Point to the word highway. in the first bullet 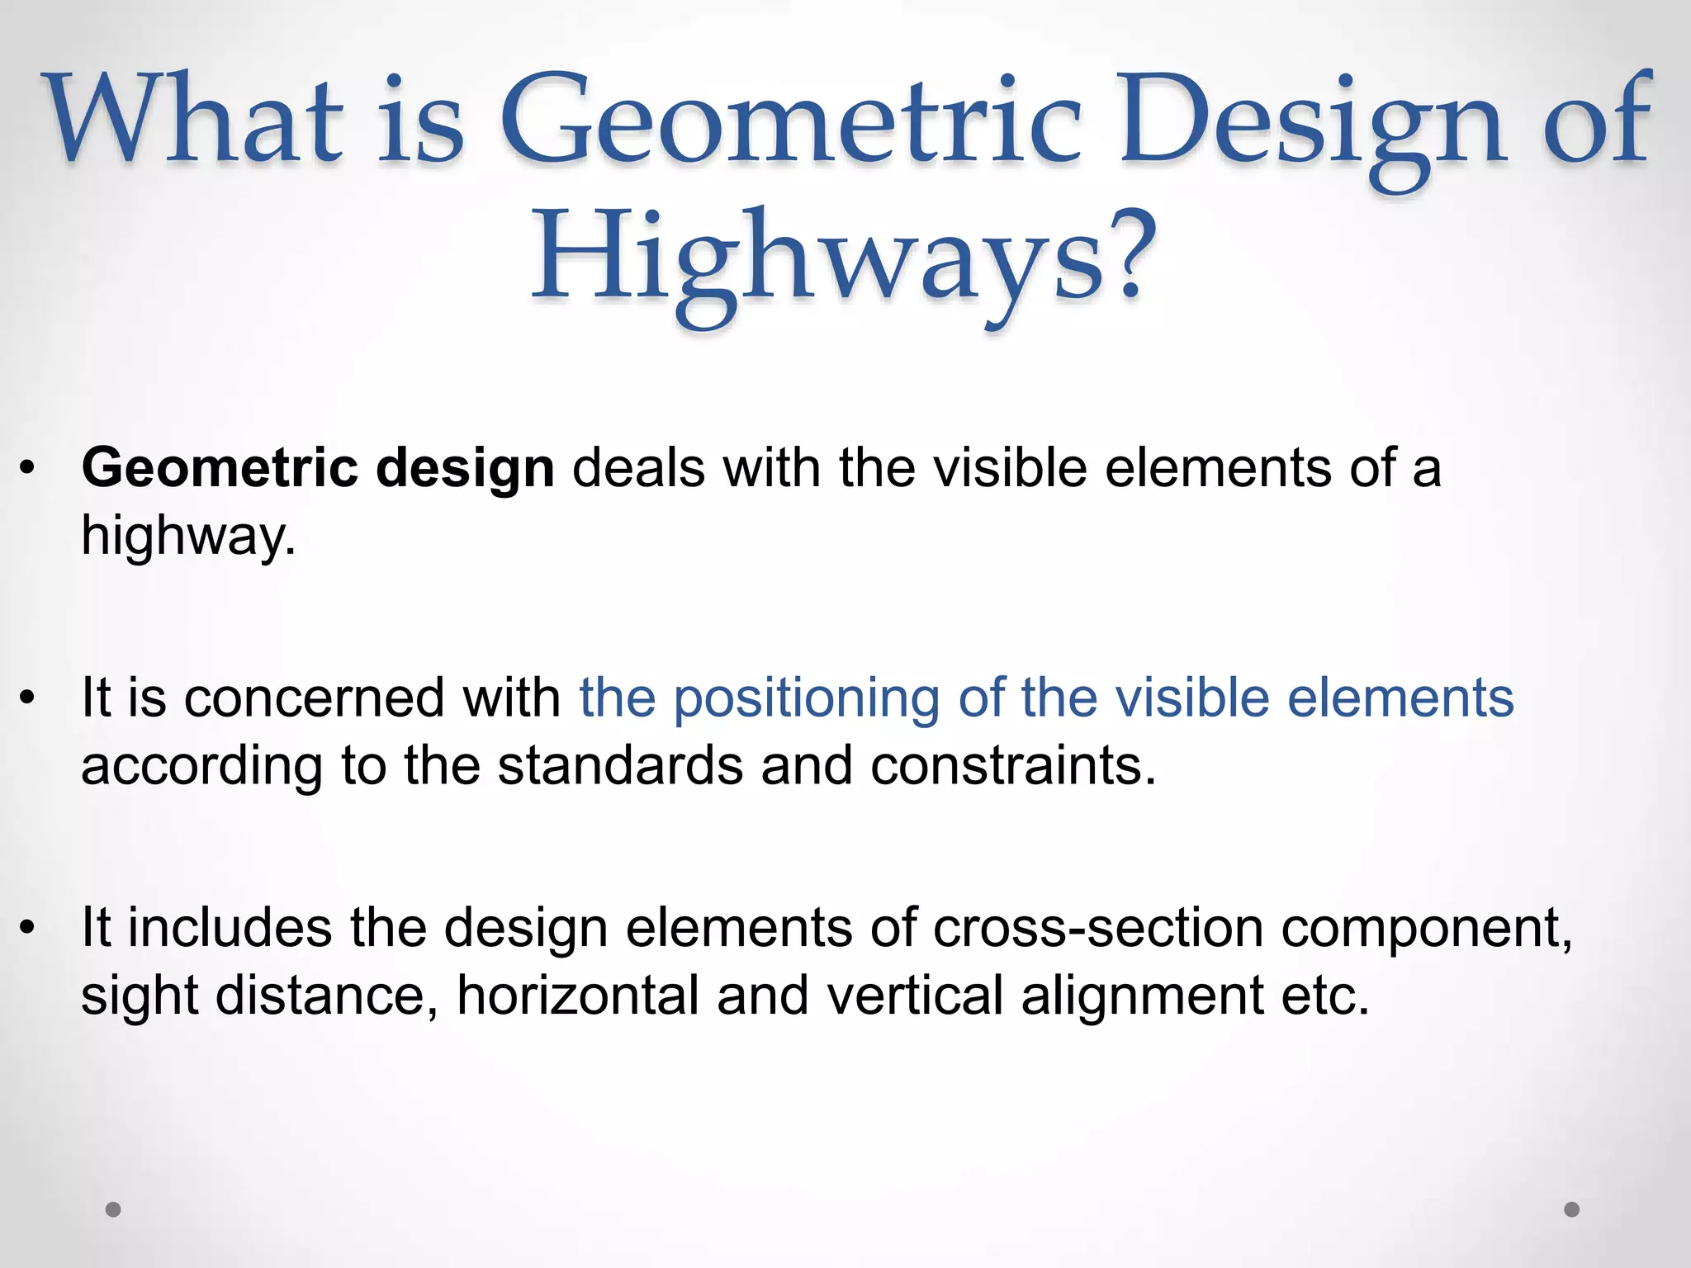(188, 537)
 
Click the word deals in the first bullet (638, 468)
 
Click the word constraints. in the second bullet (1013, 765)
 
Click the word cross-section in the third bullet (1098, 928)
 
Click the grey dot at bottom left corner (114, 1209)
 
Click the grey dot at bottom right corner (1572, 1209)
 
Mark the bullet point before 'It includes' (28, 928)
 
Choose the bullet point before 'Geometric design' (28, 469)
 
